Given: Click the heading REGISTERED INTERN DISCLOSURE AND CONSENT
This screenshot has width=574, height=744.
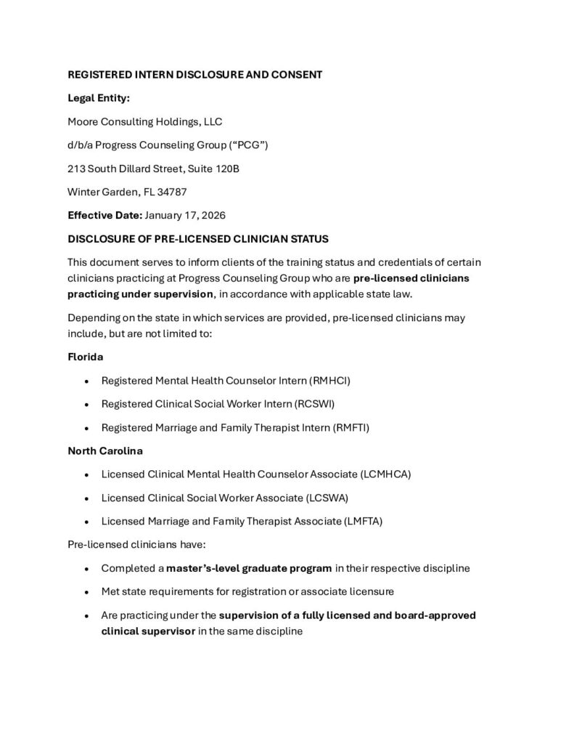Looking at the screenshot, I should click(195, 75).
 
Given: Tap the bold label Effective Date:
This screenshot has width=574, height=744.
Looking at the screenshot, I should click(104, 215).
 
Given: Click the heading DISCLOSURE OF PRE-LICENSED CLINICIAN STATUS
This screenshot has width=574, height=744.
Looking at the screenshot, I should click(198, 238).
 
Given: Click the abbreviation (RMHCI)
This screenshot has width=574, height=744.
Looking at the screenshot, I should click(335, 380).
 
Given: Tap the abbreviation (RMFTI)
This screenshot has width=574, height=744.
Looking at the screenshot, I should click(351, 427).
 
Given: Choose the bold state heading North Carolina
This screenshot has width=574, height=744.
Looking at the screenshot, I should click(105, 450).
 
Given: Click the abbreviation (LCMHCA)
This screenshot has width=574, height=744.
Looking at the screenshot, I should click(385, 474).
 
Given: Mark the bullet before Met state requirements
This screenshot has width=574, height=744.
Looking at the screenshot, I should click(87, 591).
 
